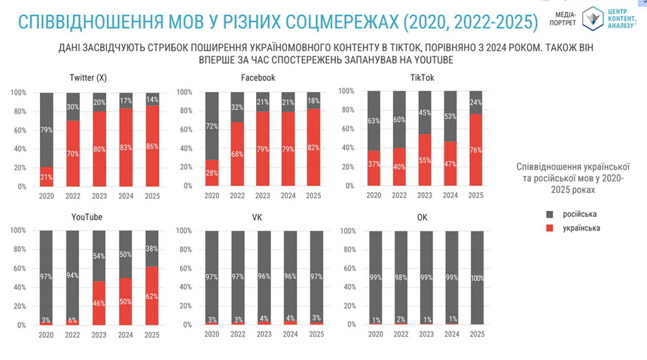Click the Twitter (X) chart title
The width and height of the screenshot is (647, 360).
pos(88,78)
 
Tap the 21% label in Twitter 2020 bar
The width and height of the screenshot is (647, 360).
pos(46,176)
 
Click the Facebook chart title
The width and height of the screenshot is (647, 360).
pos(258,78)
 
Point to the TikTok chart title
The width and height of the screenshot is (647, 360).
pos(423,78)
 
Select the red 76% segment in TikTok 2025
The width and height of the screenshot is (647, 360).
pos(475,150)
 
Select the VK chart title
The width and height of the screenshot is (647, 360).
pos(258,217)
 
